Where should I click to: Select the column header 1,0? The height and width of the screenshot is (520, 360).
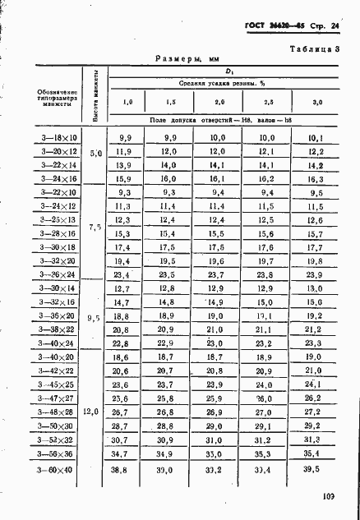[x=127, y=102]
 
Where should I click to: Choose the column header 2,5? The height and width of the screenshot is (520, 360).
[x=267, y=102]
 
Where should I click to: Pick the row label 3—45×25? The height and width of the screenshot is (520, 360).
[x=57, y=384]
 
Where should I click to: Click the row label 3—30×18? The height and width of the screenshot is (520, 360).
[x=57, y=246]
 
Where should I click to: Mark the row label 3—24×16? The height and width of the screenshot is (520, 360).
[x=57, y=177]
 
